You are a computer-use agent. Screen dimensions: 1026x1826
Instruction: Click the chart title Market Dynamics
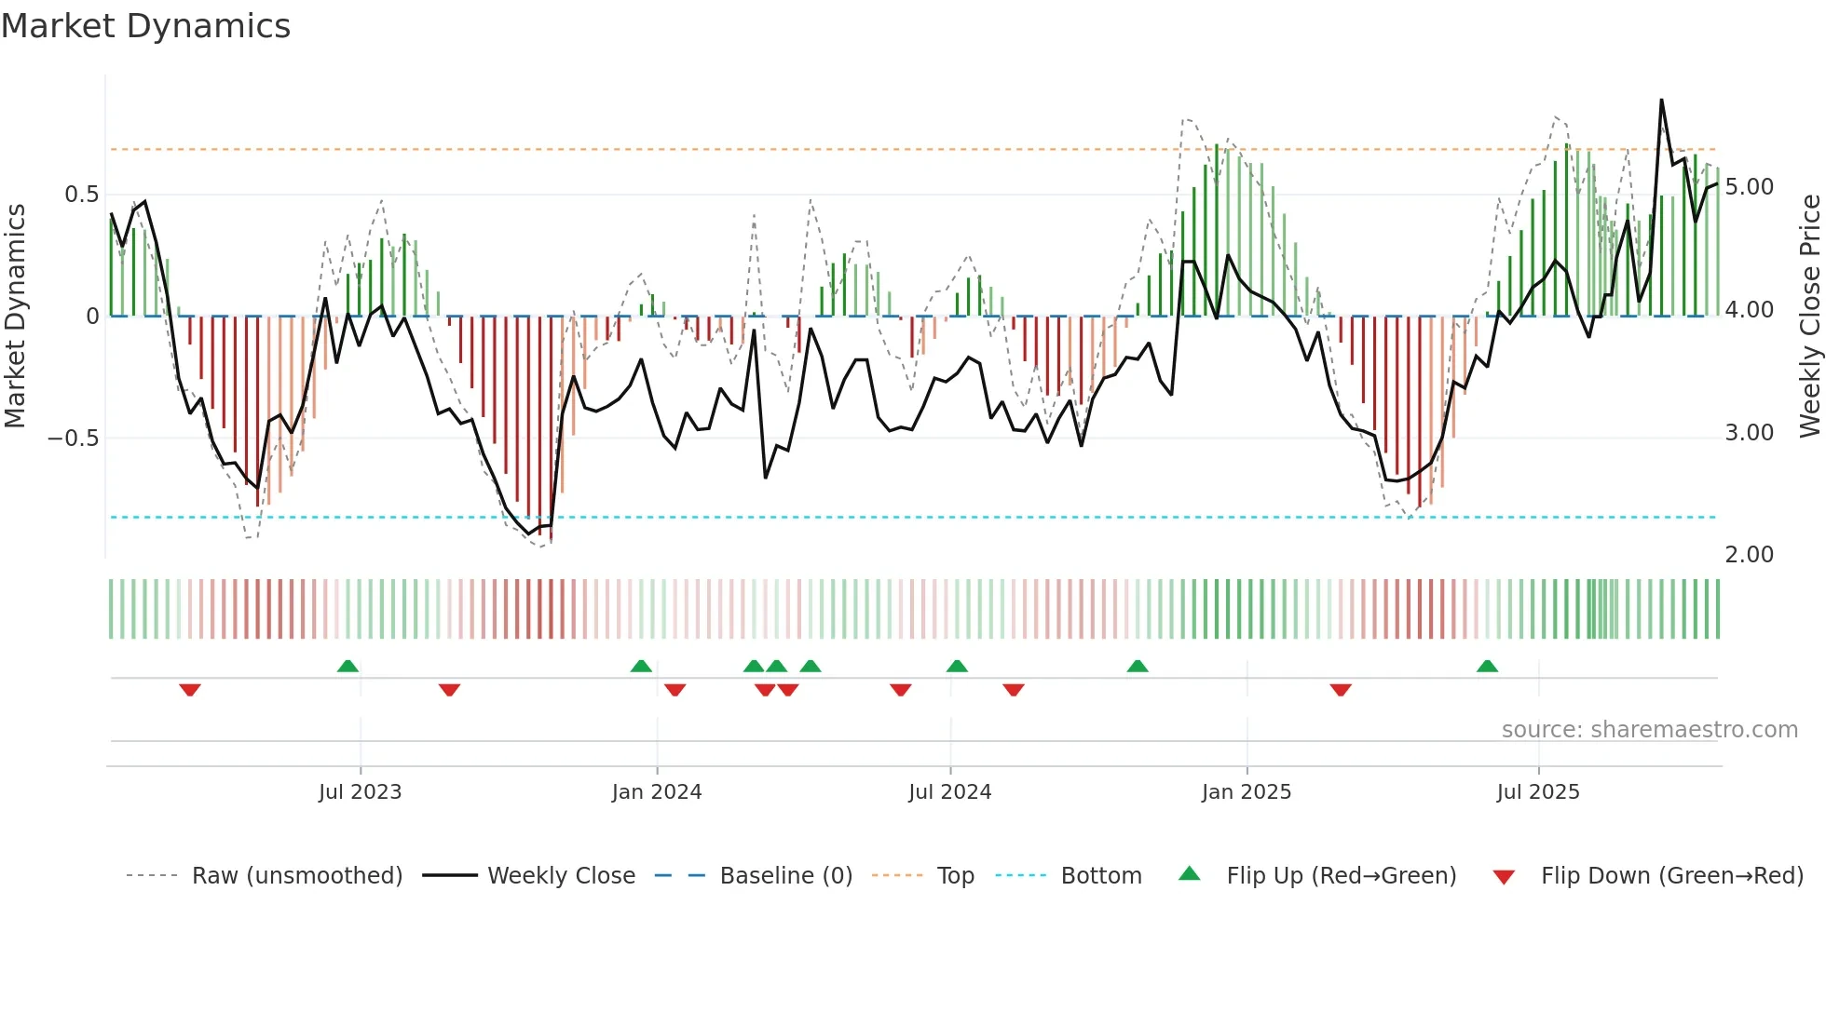point(145,26)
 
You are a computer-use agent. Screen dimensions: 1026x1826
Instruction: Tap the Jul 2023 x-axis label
point(360,792)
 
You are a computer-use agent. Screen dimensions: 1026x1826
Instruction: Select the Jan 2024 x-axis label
point(657,792)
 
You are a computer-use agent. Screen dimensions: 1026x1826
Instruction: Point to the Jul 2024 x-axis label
point(949,792)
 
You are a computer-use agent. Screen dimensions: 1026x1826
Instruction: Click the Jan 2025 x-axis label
point(1247,792)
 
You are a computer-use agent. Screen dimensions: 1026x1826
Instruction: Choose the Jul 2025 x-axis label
point(1538,792)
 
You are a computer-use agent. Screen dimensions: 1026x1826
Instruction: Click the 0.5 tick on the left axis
point(81,195)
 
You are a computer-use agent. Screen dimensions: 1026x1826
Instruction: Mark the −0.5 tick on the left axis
point(74,438)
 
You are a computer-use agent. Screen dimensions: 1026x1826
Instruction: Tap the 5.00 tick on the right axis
point(1749,187)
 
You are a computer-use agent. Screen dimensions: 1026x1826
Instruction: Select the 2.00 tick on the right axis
point(1749,555)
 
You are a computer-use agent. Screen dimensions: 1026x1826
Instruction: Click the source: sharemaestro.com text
point(1649,730)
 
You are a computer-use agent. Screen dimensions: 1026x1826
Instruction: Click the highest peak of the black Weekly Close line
point(1661,101)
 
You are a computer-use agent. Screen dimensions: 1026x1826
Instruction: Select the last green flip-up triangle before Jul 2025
point(1487,667)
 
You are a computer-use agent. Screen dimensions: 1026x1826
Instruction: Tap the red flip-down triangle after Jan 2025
point(1341,690)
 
